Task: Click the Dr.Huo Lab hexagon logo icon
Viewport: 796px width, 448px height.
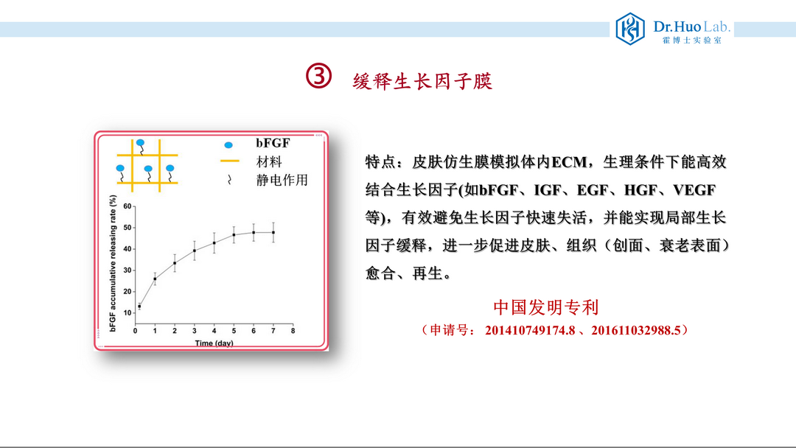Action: pyautogui.click(x=630, y=29)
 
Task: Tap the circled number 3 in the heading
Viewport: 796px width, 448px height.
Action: pyautogui.click(x=319, y=76)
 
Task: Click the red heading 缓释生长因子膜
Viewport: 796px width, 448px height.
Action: pyautogui.click(x=422, y=81)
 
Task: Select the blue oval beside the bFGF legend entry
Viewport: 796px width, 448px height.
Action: pyautogui.click(x=228, y=145)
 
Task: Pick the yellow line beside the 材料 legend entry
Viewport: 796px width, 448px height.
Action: pyautogui.click(x=229, y=161)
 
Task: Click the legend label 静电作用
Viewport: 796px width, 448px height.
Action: pyautogui.click(x=282, y=180)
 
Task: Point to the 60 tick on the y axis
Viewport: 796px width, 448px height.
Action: pyautogui.click(x=128, y=206)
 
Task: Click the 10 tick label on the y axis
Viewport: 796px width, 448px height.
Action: pyautogui.click(x=128, y=313)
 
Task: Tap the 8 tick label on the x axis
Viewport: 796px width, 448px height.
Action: pyautogui.click(x=293, y=331)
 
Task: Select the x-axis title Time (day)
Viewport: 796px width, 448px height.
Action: pyautogui.click(x=214, y=343)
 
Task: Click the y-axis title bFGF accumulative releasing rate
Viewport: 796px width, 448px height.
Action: pyautogui.click(x=113, y=263)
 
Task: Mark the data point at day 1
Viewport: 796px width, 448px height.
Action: pyautogui.click(x=155, y=279)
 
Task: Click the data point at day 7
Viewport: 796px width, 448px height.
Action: pyautogui.click(x=273, y=232)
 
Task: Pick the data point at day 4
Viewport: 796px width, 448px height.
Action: pyautogui.click(x=214, y=243)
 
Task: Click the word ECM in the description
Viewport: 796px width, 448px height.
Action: pyautogui.click(x=569, y=162)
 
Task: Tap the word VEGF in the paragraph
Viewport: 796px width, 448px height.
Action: pyautogui.click(x=694, y=190)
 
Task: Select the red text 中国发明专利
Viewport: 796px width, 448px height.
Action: pyautogui.click(x=546, y=307)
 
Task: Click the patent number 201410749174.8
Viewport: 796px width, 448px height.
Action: pyautogui.click(x=530, y=330)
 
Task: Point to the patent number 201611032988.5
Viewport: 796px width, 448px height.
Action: pyautogui.click(x=636, y=330)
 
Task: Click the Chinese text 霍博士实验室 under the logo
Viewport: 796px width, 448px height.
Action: pyautogui.click(x=691, y=40)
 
